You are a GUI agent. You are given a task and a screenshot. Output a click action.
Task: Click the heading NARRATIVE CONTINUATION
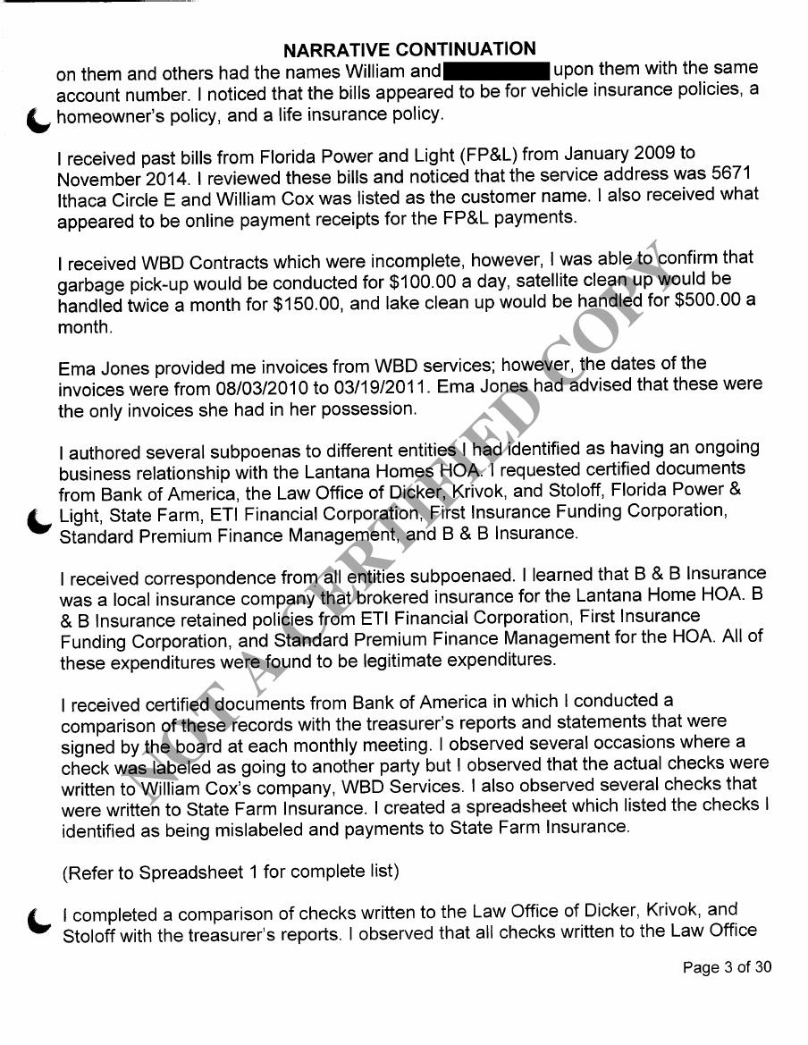[410, 49]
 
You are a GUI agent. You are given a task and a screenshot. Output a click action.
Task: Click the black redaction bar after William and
[495, 70]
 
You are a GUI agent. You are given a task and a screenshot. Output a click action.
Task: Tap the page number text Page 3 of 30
[726, 967]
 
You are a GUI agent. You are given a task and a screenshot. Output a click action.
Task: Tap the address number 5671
[738, 173]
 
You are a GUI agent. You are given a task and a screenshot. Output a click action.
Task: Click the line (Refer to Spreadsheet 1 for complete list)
[230, 870]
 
